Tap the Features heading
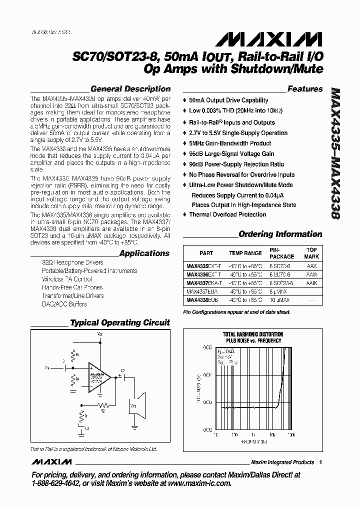click(305, 89)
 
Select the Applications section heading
click(144, 253)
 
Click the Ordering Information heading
click(280, 234)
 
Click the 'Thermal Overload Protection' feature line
click(227, 214)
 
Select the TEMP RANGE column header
click(245, 253)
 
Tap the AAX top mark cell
click(311, 266)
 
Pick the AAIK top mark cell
click(311, 283)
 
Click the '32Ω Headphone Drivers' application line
click(72, 262)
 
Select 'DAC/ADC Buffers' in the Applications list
click(64, 304)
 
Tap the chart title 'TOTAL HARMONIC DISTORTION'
click(252, 334)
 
